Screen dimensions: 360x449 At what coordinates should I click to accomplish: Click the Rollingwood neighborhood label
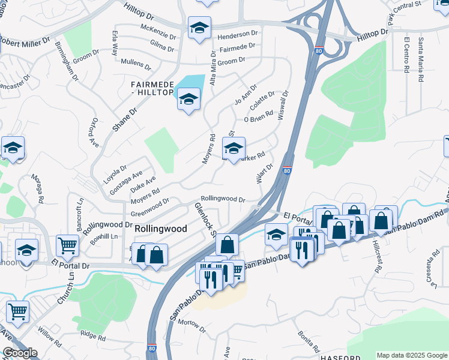[x=161, y=229]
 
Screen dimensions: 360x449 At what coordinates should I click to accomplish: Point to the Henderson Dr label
[x=237, y=34]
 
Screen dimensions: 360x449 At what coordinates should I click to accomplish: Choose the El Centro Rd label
[x=407, y=55]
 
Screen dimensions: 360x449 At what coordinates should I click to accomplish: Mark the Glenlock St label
[x=205, y=220]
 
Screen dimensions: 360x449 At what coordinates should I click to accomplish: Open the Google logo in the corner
[x=20, y=353]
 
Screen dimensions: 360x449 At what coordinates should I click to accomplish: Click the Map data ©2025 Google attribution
[x=411, y=355]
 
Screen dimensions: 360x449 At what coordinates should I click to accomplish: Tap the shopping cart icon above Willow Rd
[x=18, y=311]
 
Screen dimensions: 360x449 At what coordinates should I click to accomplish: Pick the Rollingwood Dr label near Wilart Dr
[x=223, y=199]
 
